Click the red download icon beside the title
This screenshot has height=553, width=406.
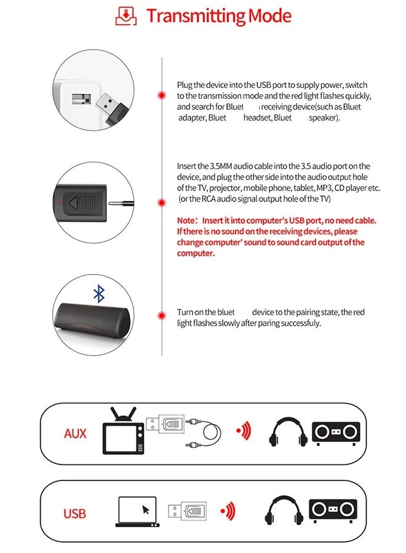(125, 15)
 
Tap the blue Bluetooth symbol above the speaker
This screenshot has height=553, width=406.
(98, 294)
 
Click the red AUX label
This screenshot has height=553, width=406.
(75, 434)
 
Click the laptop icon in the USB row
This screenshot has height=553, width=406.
(136, 512)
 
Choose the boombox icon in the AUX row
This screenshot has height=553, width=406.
(335, 433)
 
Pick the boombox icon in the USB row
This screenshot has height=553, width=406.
(333, 510)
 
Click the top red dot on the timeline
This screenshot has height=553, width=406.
(161, 95)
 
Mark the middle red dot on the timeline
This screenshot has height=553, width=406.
(161, 202)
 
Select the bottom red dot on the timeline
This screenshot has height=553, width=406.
(161, 315)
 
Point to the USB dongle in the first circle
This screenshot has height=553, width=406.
(110, 107)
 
